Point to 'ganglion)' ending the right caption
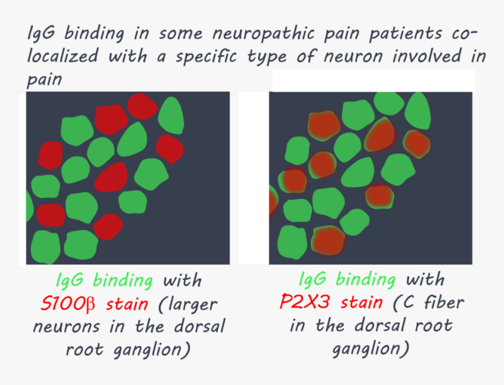coord(370,349)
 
